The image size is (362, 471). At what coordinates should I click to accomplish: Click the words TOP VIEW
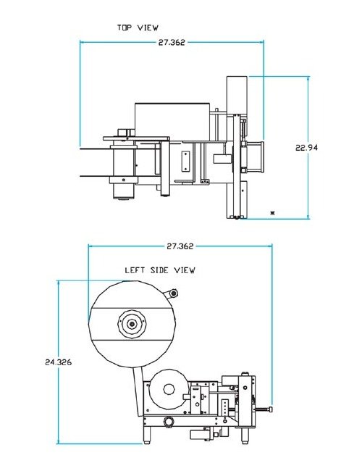tap(138, 28)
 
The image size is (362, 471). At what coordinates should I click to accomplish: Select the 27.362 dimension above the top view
tap(172, 43)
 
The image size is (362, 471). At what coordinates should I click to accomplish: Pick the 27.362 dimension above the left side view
tap(180, 246)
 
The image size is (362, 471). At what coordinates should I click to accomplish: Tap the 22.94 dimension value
tap(307, 148)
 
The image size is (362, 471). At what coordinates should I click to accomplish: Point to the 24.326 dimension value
tap(57, 361)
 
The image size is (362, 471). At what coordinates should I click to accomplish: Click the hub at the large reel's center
tap(131, 324)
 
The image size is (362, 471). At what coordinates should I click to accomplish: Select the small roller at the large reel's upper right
tap(172, 293)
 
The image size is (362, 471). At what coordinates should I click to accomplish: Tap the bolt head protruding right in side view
tap(268, 411)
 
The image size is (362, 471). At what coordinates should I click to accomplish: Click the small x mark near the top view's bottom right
tap(272, 212)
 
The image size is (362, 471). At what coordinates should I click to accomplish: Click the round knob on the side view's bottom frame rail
tap(168, 422)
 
